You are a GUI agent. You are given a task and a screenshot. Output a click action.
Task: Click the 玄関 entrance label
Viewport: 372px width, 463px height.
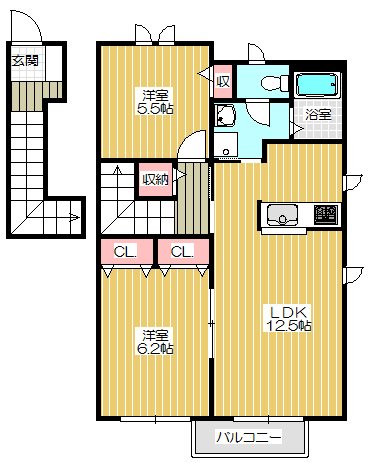[x=24, y=59]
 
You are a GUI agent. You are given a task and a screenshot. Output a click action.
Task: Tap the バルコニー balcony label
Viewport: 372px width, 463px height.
[x=251, y=437]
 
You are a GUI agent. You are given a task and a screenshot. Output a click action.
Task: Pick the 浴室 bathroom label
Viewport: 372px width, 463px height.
[x=319, y=114]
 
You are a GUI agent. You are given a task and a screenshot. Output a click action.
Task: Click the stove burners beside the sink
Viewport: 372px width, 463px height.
[x=325, y=214]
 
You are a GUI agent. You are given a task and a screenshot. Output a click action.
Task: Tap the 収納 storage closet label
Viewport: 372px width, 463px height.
[x=155, y=180]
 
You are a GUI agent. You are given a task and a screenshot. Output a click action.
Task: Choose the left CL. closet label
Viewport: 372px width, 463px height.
[x=126, y=251]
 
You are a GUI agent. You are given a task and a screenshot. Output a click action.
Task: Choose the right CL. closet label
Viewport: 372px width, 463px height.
[x=181, y=251]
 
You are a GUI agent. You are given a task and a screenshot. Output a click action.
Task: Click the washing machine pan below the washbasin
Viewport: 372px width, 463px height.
[x=229, y=146]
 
